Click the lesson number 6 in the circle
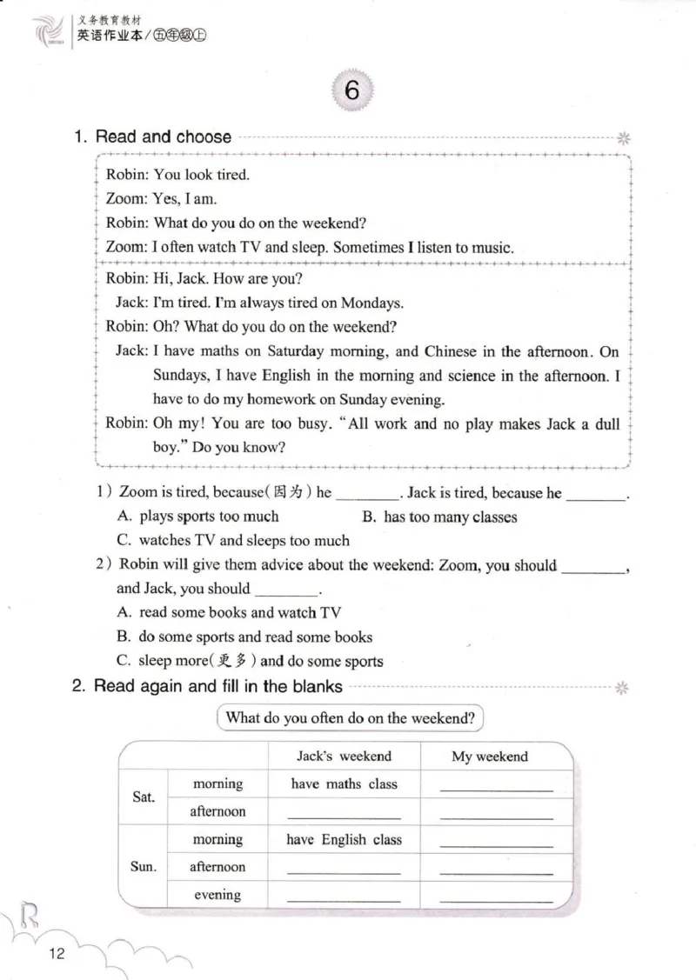point(351,90)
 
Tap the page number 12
point(57,954)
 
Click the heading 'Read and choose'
point(163,137)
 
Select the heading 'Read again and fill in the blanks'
point(217,686)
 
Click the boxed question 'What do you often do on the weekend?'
point(350,718)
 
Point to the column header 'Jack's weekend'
point(344,756)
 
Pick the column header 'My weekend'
point(489,757)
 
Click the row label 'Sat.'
point(144,797)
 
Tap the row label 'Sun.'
point(144,867)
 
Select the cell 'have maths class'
point(344,783)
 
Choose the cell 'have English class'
point(344,840)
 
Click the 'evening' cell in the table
point(217,895)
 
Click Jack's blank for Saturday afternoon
point(344,815)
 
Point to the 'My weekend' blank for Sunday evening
point(496,898)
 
